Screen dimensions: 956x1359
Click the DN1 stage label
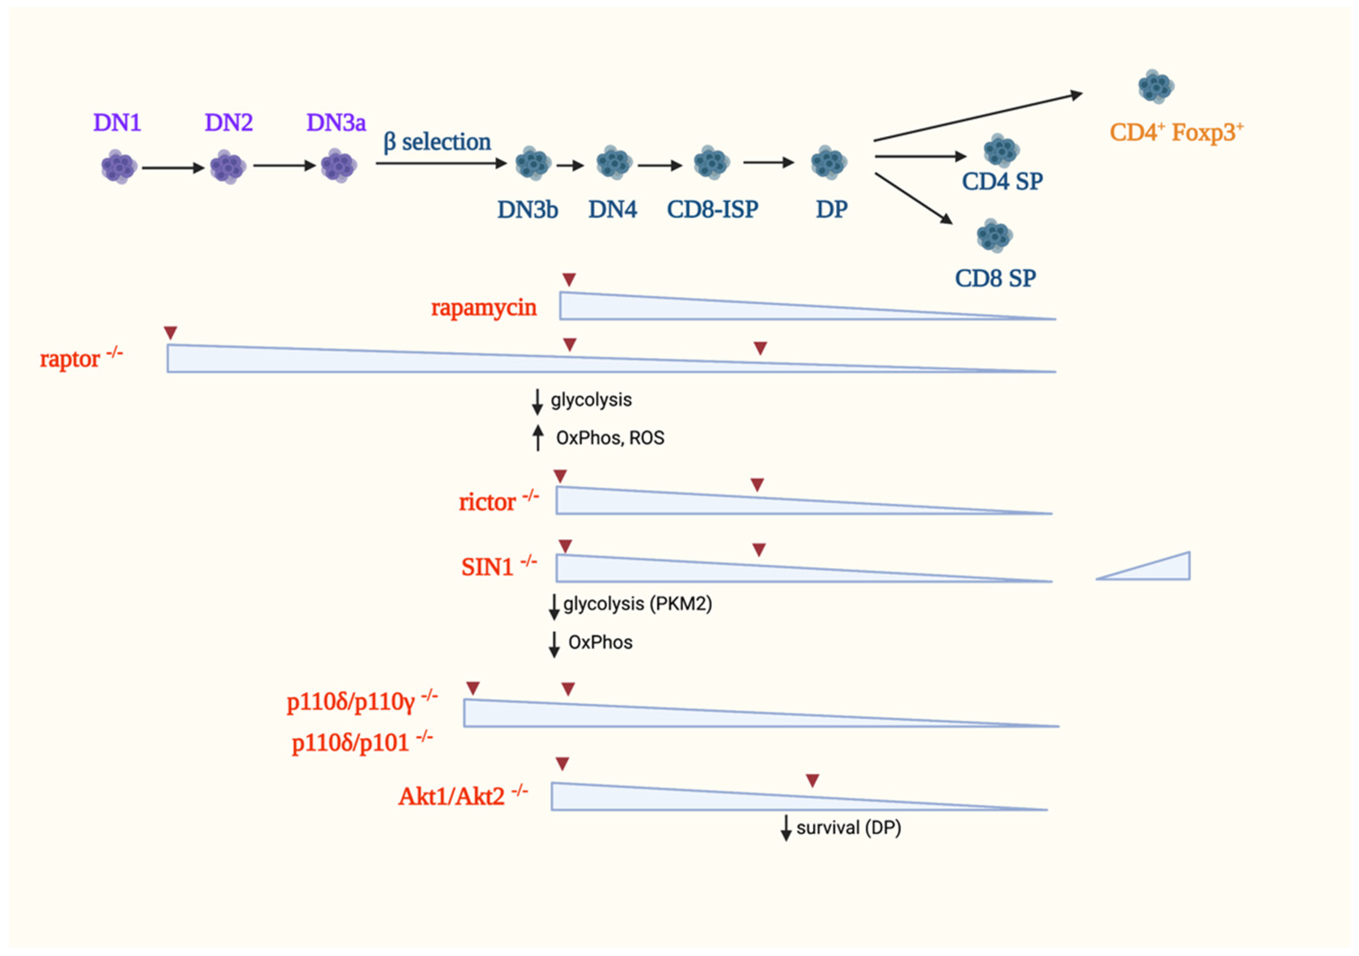click(x=117, y=123)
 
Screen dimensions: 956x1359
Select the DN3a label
click(x=336, y=123)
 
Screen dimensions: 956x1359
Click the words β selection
click(x=438, y=142)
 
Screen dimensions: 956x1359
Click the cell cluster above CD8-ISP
click(x=711, y=162)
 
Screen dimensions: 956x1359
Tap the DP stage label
click(x=831, y=209)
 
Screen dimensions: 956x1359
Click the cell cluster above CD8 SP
click(x=994, y=236)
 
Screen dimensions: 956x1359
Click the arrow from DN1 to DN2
click(x=173, y=168)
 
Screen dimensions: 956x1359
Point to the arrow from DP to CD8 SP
click(x=913, y=198)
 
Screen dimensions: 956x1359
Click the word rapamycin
click(x=484, y=308)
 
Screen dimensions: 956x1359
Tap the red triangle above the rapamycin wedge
click(x=569, y=280)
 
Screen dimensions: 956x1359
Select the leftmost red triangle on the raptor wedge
click(x=170, y=333)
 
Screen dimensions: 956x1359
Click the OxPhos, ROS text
click(x=610, y=438)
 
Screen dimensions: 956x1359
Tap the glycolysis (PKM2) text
click(x=637, y=604)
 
